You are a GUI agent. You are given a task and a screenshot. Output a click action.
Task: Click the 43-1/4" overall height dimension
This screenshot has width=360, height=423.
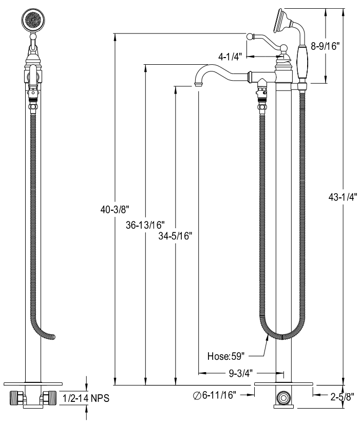[343, 197]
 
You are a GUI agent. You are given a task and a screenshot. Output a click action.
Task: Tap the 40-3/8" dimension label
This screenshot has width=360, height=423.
[115, 209]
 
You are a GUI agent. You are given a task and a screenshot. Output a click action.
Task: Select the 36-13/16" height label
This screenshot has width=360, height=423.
[145, 225]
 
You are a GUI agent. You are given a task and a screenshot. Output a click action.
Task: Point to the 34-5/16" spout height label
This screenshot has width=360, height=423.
[175, 236]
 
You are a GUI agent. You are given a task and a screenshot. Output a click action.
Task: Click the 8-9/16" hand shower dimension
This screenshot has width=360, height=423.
[325, 46]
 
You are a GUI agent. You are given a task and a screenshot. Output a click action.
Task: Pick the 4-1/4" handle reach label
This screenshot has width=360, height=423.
[230, 57]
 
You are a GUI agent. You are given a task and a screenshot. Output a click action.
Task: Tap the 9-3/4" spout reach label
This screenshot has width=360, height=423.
[241, 373]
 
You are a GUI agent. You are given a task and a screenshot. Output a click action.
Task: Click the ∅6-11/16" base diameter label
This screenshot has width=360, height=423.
[215, 395]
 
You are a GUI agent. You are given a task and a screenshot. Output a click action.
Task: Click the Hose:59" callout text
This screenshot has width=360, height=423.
[226, 356]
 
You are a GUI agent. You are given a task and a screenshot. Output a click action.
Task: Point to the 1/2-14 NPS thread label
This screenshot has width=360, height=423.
[86, 398]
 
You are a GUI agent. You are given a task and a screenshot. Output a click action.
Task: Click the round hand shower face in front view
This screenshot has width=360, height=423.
[33, 20]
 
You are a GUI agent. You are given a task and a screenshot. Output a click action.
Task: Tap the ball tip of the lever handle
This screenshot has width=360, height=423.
[250, 36]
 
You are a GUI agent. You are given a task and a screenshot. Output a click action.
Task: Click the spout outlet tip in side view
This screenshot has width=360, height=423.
[198, 85]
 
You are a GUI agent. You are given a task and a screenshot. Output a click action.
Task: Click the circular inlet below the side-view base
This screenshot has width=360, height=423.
[283, 398]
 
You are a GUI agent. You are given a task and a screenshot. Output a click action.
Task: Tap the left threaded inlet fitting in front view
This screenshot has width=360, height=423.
[17, 398]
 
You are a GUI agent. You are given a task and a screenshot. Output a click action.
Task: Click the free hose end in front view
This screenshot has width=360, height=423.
[53, 337]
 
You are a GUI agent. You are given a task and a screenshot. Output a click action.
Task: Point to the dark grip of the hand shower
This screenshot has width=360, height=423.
[302, 62]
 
